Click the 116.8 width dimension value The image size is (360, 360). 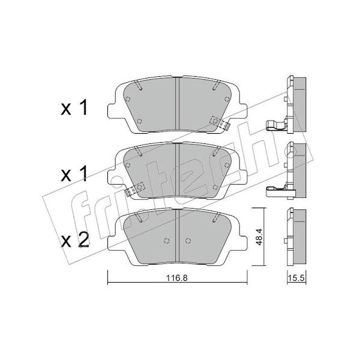tap(177, 278)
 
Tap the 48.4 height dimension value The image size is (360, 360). tap(259, 237)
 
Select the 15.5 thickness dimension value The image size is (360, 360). tap(296, 278)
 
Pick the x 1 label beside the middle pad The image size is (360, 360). tap(74, 174)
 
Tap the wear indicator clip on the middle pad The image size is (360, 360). tap(134, 189)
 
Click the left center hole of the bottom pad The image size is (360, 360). tap(167, 241)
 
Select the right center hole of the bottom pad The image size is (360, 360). tap(188, 241)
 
